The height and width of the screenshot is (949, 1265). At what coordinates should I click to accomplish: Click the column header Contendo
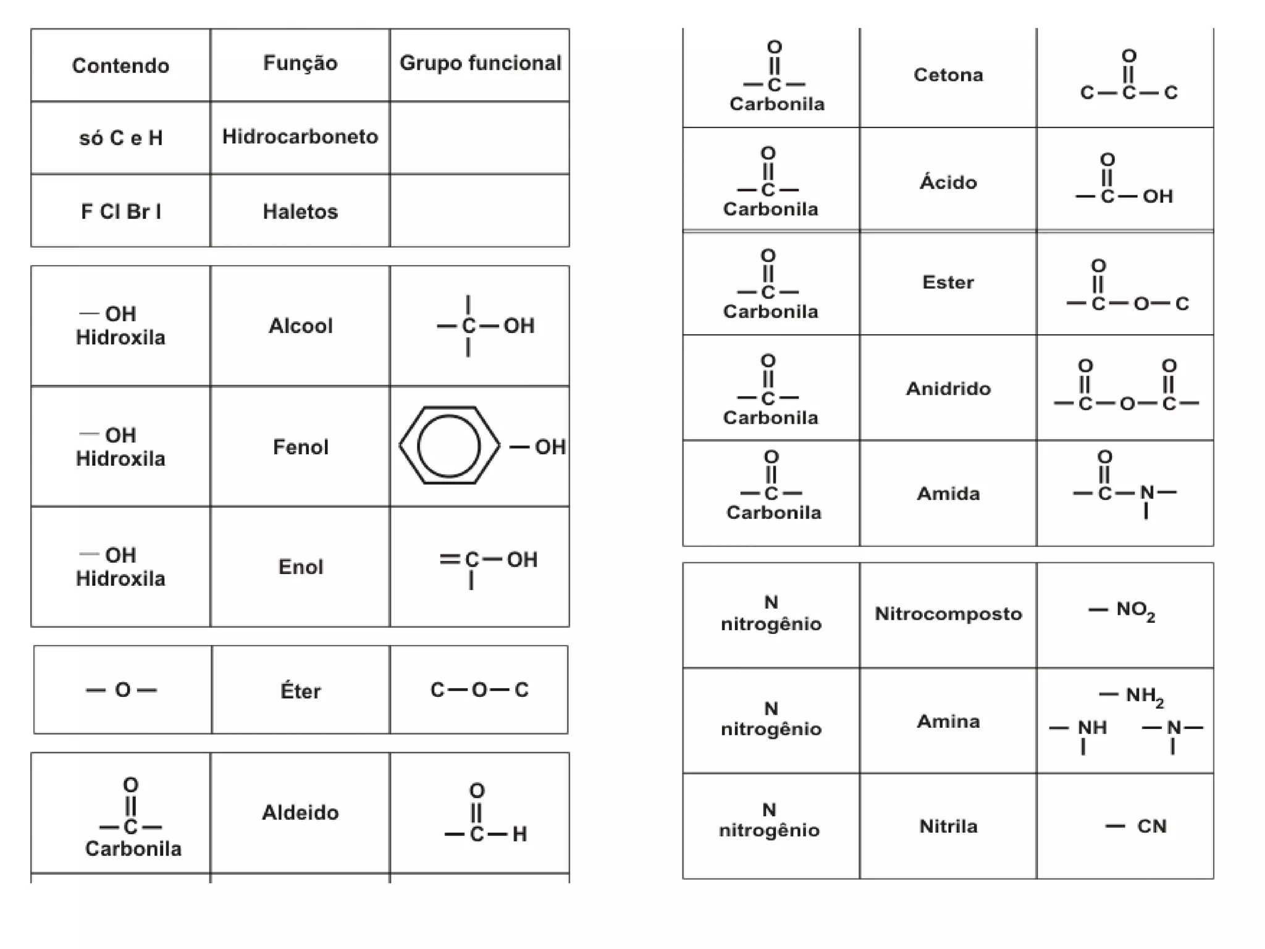coord(120,65)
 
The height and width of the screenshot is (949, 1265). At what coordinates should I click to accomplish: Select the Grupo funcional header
coord(480,63)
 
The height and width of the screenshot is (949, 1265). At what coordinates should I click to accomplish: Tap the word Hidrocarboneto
coord(300,137)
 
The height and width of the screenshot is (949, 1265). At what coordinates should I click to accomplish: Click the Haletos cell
coord(300,212)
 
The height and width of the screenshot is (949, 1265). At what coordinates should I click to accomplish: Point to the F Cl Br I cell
coord(120,212)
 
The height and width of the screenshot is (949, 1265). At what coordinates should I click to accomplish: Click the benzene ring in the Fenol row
coord(449,445)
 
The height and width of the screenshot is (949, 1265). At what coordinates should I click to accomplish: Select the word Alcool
coord(300,326)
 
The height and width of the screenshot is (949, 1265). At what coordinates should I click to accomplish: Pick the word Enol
coord(300,567)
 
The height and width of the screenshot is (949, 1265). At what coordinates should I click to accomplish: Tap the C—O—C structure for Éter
coord(479,690)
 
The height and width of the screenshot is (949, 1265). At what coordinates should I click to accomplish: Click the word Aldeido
coord(300,812)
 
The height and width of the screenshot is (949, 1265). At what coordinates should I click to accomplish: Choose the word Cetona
coord(948,75)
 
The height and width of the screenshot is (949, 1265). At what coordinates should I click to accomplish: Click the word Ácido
coord(948,182)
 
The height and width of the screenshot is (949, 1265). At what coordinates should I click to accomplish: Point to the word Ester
coord(948,282)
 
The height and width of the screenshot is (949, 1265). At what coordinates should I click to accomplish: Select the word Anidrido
coord(948,389)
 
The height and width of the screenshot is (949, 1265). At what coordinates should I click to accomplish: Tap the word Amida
coord(948,494)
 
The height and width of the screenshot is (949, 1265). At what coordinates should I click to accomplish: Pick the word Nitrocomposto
coord(948,614)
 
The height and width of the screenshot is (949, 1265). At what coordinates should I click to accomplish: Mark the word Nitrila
coord(948,826)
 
